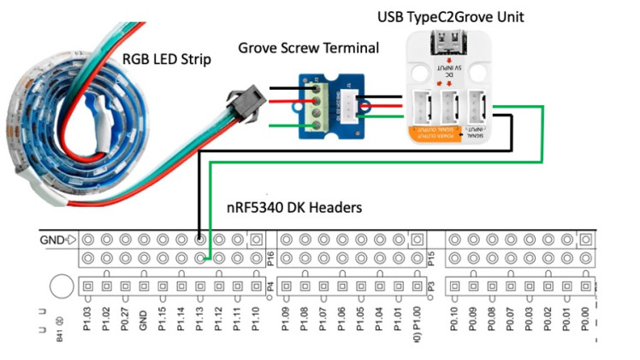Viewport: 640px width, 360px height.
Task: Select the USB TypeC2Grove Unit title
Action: (x=450, y=16)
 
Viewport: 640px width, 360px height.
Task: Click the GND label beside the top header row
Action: (x=52, y=239)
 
